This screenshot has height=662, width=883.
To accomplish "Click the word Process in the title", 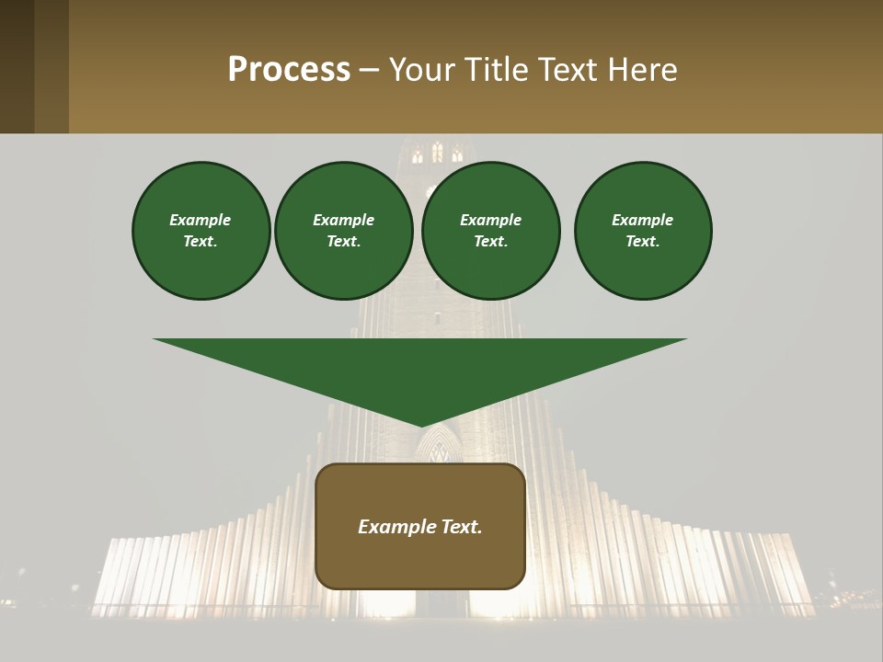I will point(289,70).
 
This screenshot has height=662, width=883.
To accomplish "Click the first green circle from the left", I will point(201,231).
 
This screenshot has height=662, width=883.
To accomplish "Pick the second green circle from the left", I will point(344,231).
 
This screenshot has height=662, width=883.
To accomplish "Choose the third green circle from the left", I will point(491,231).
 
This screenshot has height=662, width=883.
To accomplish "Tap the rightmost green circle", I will point(643,231).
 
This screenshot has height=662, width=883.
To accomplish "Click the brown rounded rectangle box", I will point(420,561).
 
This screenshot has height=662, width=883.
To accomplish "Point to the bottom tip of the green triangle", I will point(421,425).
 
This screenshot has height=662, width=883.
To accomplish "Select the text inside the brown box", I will point(420,527).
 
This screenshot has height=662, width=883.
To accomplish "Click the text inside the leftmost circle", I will point(201,231).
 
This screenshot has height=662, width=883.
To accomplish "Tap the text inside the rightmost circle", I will point(643,231).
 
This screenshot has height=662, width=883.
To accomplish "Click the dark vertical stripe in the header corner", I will point(17,66).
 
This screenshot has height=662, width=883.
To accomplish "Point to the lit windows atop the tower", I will point(437,154).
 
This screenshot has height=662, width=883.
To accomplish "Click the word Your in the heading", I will point(421,70).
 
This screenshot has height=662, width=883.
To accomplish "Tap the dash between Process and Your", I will point(369,71).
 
